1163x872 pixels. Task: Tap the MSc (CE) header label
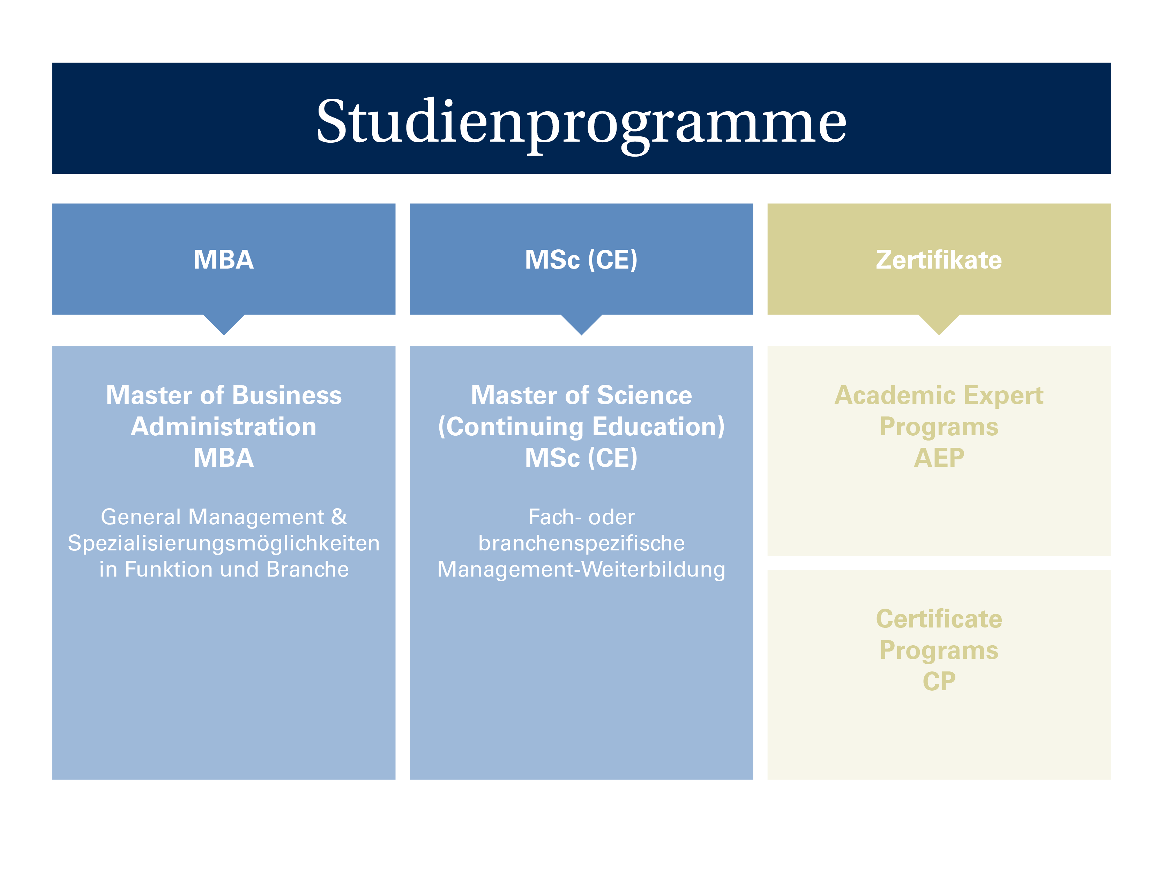[581, 260]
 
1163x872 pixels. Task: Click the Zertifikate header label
[939, 260]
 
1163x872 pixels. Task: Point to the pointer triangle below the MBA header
[224, 323]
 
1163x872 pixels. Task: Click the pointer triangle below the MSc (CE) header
[581, 323]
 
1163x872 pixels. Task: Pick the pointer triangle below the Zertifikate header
[939, 323]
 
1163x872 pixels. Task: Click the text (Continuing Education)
[581, 427]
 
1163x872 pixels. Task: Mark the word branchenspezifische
[581, 543]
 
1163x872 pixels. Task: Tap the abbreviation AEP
[939, 458]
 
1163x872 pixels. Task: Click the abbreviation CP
[939, 682]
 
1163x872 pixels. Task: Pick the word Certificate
[939, 619]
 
